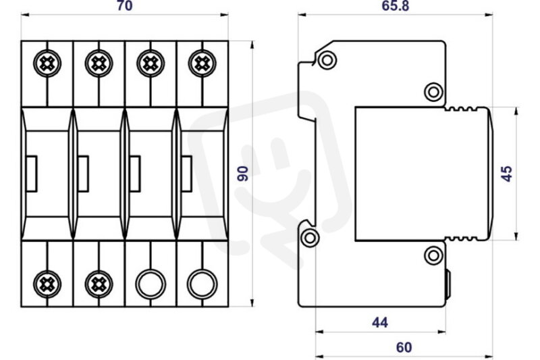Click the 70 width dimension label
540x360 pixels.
124,5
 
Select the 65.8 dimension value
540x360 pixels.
396,5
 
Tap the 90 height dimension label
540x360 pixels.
243,174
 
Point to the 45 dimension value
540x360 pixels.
507,174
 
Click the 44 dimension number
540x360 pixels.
380,322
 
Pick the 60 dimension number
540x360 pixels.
404,348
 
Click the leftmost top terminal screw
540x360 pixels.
47,63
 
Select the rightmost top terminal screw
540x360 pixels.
202,63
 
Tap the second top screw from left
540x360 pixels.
99,63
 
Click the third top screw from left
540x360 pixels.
151,63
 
